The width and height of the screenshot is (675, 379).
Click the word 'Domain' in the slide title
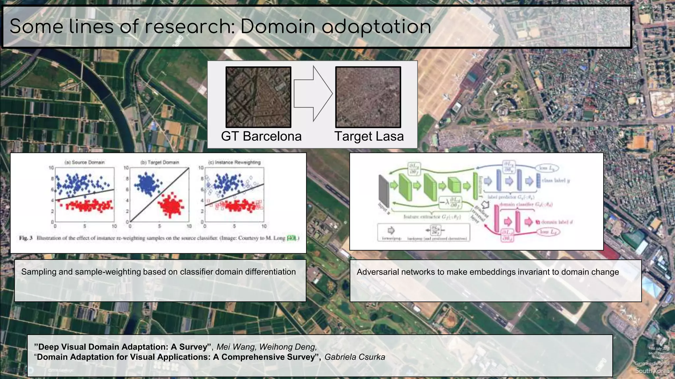pos(278,26)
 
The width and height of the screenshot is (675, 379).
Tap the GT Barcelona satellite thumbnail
pos(258,97)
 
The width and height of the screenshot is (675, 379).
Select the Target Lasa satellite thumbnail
pos(368,97)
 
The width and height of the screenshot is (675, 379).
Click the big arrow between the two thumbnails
pos(313,94)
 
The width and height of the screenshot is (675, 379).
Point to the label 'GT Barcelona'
pos(261,136)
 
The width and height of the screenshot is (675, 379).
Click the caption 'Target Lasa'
pos(369,136)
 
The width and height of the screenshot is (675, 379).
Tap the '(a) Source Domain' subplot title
pos(85,162)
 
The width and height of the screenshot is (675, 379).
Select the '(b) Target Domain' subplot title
pos(160,162)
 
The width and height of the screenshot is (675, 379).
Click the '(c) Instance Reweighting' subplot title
pos(234,162)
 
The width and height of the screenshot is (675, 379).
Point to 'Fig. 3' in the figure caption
pos(26,238)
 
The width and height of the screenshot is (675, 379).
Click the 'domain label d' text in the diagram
pos(557,222)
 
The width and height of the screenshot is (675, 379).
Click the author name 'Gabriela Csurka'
pos(355,357)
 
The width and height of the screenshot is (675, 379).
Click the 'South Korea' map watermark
pos(652,371)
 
